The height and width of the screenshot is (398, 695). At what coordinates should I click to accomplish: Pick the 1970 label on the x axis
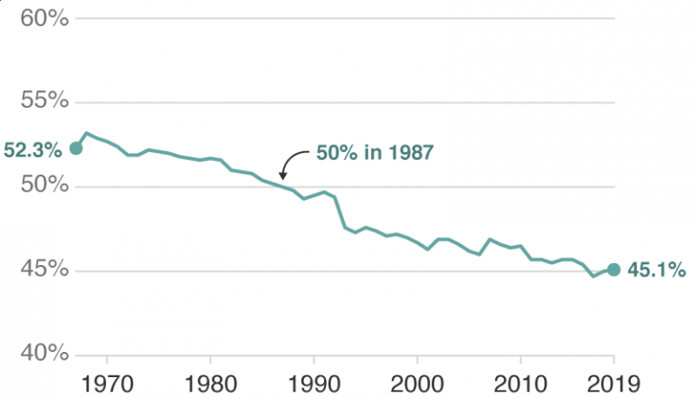pos(107,383)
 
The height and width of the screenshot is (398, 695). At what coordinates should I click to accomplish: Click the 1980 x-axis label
pos(210,383)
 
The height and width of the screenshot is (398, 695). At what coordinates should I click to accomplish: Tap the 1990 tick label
pos(314,383)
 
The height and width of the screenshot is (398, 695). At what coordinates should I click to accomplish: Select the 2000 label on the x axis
pos(417,383)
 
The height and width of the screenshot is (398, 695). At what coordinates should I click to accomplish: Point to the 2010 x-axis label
pos(520,383)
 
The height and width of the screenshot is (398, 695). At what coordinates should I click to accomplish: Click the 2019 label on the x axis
pos(614,383)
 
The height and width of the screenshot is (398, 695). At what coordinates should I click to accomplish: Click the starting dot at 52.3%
pos(76,148)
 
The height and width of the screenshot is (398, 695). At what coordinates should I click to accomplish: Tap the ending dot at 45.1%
pos(614,270)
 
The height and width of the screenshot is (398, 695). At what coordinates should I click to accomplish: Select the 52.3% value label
pos(34,149)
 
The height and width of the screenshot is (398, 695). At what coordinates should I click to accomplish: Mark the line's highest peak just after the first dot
pos(87,133)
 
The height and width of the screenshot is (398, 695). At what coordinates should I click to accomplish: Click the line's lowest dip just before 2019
pos(594,276)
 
